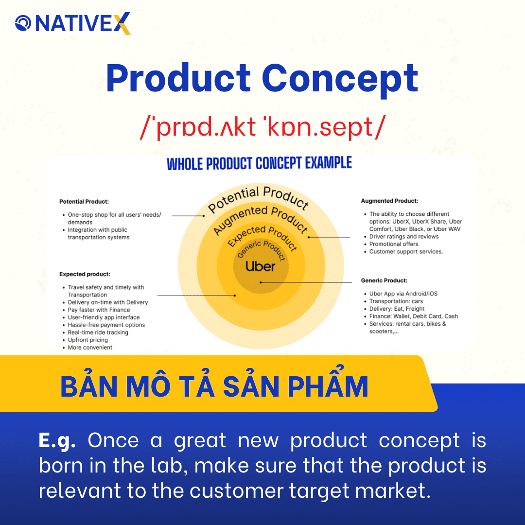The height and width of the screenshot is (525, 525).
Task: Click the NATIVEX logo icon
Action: click(23, 23)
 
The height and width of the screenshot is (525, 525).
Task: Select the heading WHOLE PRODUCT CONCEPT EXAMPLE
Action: click(259, 163)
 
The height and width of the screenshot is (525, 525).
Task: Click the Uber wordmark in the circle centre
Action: click(260, 266)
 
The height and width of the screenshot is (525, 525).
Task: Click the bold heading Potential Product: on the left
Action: click(84, 201)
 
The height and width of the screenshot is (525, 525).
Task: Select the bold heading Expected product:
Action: click(85, 274)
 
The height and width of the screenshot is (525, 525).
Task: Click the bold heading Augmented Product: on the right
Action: click(389, 201)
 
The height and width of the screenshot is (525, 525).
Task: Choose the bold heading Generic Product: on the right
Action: click(384, 280)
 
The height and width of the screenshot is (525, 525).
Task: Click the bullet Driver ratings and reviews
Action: click(403, 237)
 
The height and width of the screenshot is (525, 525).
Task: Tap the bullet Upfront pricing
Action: click(87, 340)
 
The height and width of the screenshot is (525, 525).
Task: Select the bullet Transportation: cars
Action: click(396, 301)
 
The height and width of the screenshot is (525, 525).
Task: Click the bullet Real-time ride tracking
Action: click(98, 332)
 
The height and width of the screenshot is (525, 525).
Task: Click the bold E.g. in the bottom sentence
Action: click(57, 440)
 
